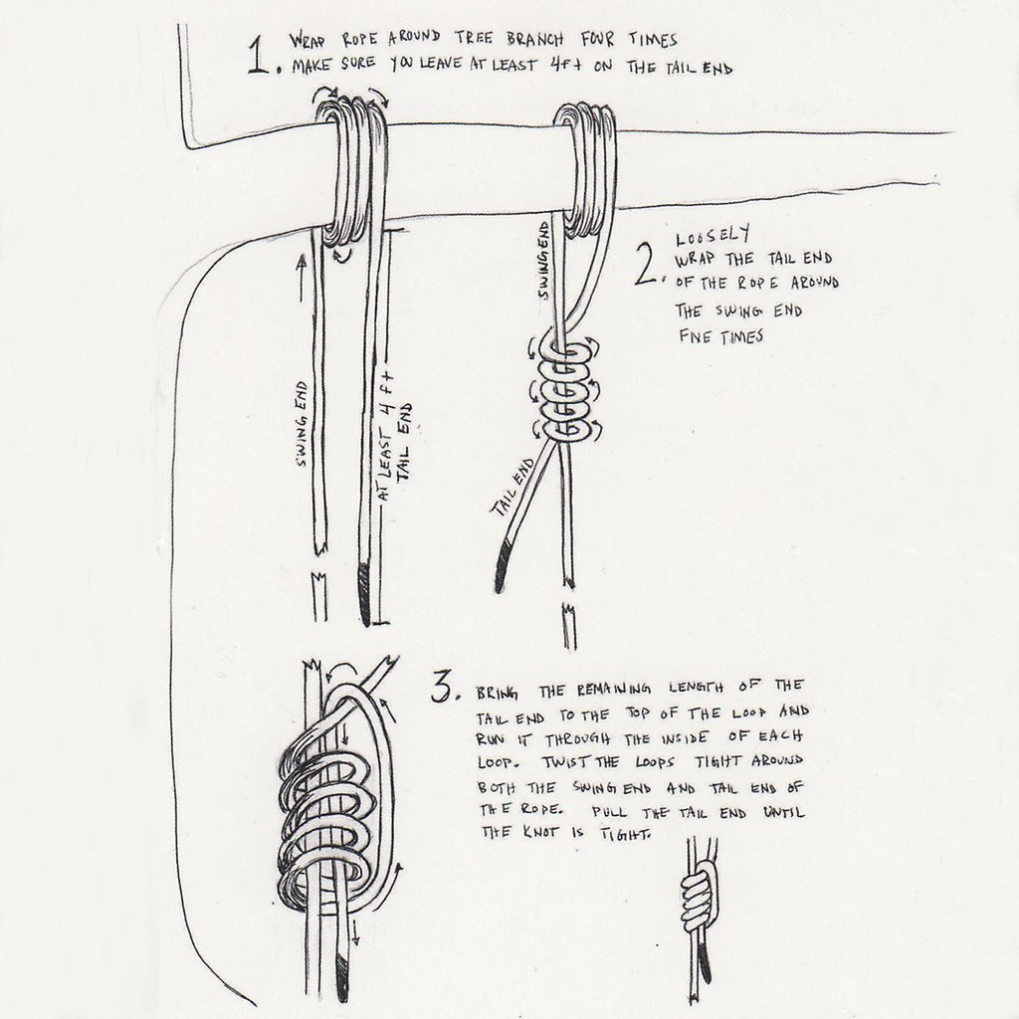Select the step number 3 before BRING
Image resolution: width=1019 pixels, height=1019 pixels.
point(444,688)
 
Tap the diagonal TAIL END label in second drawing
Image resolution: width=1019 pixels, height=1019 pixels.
point(510,487)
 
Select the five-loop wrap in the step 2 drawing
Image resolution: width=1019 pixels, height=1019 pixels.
point(563,394)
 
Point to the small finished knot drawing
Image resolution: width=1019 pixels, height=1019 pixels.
point(698,901)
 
